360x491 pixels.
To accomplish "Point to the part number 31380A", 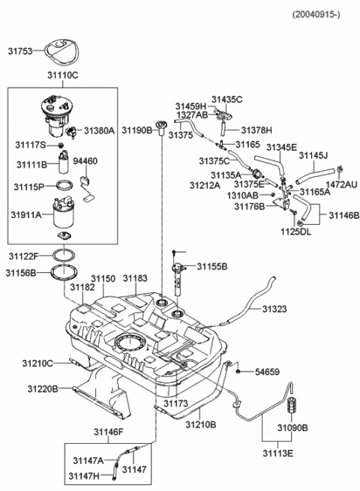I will [99, 130].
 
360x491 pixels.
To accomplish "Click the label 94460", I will [85, 161].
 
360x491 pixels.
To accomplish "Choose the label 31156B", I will [22, 273].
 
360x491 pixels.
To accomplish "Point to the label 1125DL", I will [296, 232].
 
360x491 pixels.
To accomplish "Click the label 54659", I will [265, 371].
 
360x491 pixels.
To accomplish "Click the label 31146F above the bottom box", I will [108, 431].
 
